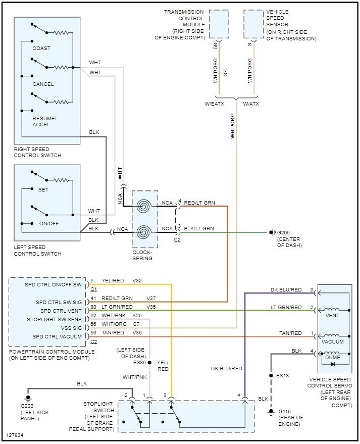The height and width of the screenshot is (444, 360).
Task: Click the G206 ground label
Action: click(x=285, y=232)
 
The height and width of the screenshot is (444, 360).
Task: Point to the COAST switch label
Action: click(x=41, y=48)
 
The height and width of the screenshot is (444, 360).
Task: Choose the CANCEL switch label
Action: click(x=43, y=84)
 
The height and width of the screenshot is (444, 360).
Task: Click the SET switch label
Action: click(x=43, y=190)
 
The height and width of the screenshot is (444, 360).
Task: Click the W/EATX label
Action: click(x=214, y=105)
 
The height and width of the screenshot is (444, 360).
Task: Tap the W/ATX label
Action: click(x=251, y=105)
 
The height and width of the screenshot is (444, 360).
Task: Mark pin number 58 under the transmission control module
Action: click(x=215, y=45)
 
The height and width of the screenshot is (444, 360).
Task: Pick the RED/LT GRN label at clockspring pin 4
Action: click(x=199, y=203)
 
